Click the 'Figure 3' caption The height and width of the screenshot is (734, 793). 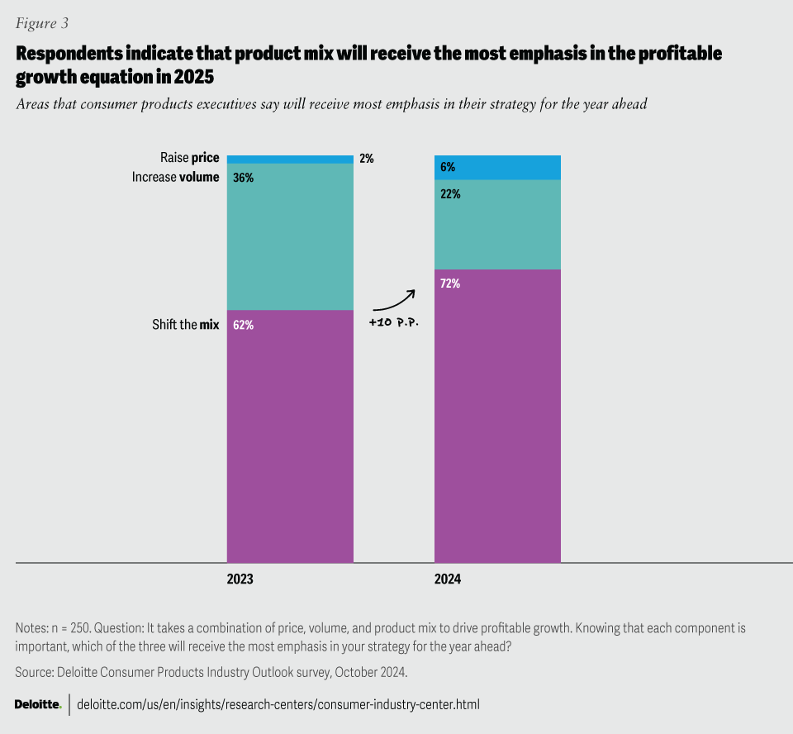(x=41, y=22)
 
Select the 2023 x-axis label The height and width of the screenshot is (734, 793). (x=240, y=580)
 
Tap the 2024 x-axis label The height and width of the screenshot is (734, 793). (x=448, y=580)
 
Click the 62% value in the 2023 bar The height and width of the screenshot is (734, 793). (x=243, y=325)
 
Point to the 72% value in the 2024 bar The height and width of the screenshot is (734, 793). (x=450, y=284)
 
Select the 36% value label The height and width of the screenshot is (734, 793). (x=243, y=177)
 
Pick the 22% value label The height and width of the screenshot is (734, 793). (x=450, y=194)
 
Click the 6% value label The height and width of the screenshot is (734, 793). (x=448, y=167)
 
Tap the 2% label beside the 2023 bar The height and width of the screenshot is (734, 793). (x=366, y=159)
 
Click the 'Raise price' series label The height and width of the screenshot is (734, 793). (x=189, y=157)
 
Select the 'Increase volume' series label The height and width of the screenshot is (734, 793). (x=175, y=176)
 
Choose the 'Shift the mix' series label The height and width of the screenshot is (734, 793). (x=185, y=325)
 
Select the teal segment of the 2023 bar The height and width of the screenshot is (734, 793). (x=290, y=236)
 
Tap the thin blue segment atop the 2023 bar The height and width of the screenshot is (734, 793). (x=290, y=160)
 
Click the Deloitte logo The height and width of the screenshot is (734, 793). (x=38, y=704)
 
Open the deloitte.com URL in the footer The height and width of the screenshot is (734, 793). (x=278, y=704)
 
